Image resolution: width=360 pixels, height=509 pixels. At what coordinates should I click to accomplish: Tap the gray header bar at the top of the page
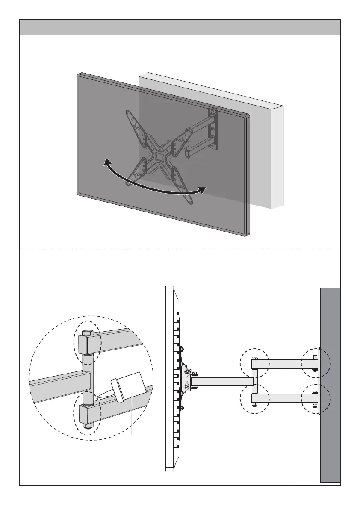[180, 27]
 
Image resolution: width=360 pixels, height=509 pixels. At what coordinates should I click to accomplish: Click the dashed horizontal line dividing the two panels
[180, 248]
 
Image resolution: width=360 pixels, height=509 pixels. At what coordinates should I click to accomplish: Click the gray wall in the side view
[330, 385]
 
